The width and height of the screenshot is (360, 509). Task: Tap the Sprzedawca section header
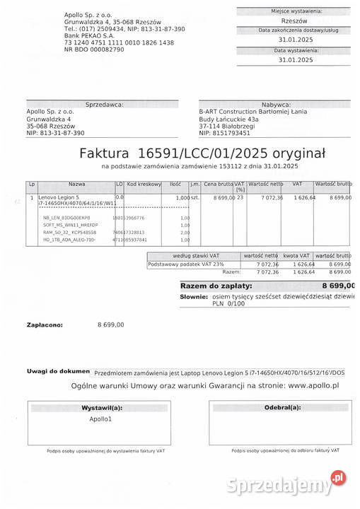[104, 104]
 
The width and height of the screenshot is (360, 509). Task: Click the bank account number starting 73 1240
[118, 42]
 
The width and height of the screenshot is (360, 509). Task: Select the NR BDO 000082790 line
[93, 49]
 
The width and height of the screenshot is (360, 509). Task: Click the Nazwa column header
[76, 185]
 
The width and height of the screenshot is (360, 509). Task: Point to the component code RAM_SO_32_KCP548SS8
[69, 232]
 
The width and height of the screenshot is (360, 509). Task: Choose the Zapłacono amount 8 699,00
[110, 324]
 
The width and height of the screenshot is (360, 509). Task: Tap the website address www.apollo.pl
[313, 385]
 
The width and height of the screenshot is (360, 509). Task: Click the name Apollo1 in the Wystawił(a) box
[100, 419]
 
